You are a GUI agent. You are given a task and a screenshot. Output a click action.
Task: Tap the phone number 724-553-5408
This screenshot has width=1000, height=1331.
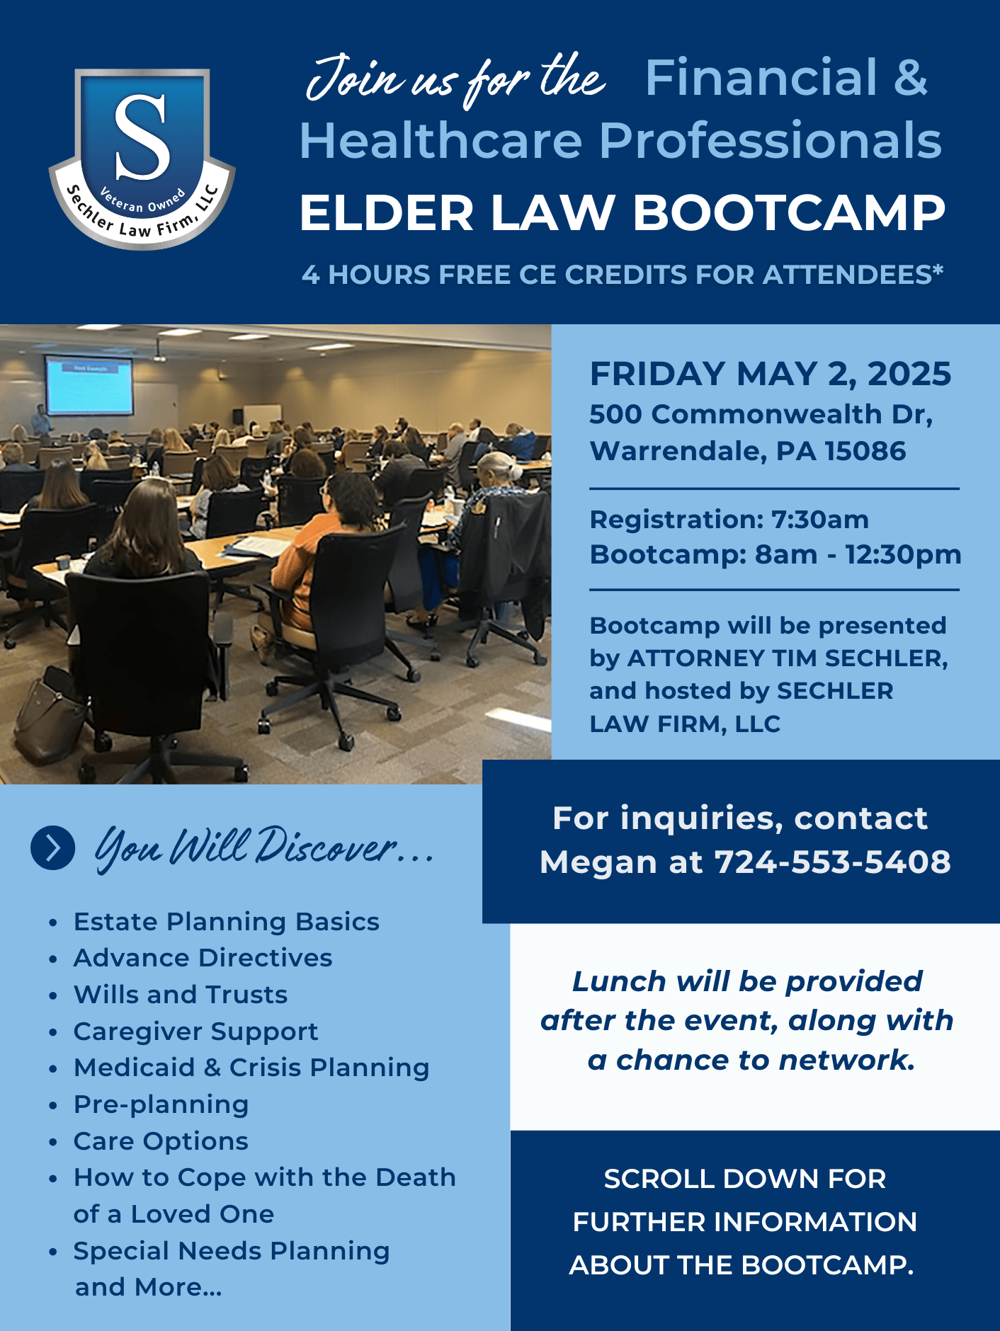pos(832,862)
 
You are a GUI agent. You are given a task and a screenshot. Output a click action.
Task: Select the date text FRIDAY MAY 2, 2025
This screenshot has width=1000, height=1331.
pos(771,374)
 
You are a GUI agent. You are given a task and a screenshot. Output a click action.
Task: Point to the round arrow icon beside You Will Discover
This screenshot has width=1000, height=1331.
pos(53,847)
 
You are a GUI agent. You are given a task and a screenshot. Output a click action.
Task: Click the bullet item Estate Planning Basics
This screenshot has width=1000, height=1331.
pos(227,922)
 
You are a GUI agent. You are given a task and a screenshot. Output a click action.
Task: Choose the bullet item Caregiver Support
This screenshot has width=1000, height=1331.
pos(196,1032)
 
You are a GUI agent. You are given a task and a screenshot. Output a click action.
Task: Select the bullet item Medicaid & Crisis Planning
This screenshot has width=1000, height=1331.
pos(251,1068)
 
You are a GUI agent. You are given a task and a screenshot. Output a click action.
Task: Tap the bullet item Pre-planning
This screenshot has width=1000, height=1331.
pos(161,1104)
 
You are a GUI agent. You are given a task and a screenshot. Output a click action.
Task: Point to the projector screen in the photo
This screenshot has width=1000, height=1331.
pos(89,385)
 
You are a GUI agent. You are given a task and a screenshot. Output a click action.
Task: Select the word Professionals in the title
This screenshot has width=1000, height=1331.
pos(771,140)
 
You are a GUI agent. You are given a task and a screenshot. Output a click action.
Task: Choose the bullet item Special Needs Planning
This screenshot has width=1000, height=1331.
pos(232,1251)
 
